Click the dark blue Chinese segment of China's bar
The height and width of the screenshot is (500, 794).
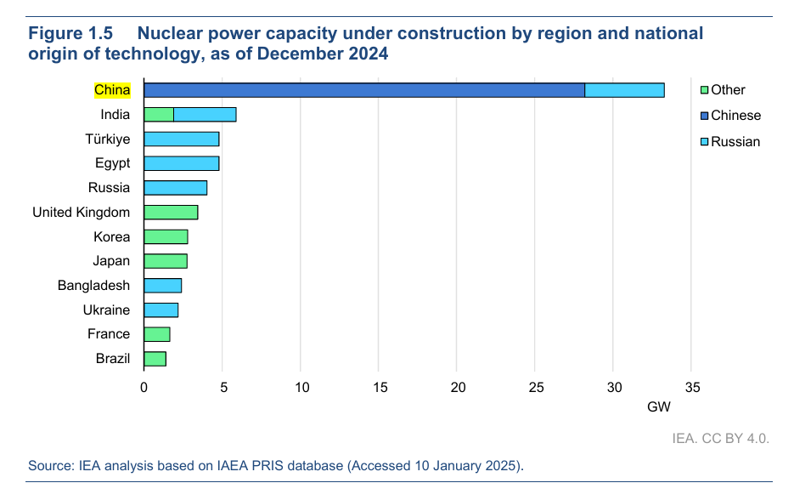(x=364, y=90)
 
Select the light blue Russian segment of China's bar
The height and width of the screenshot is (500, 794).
(x=624, y=90)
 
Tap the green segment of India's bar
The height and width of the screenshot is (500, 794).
(x=159, y=115)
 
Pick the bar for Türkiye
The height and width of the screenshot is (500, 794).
(x=182, y=139)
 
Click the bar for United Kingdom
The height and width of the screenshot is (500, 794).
(x=171, y=212)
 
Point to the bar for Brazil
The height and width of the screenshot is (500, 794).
(x=155, y=359)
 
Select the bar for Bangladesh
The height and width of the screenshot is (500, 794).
(x=163, y=286)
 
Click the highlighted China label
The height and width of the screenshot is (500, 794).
(x=112, y=90)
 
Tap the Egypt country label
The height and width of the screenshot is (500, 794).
(x=112, y=163)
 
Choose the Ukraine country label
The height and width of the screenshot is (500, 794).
(x=107, y=310)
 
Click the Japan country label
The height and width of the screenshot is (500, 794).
(x=111, y=261)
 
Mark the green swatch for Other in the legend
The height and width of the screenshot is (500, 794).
(x=703, y=90)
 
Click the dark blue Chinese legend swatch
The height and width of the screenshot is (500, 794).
(x=703, y=116)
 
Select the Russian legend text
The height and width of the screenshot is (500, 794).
(x=735, y=141)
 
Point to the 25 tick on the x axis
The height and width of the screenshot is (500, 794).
(x=535, y=388)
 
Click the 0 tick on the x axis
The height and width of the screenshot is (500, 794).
(x=144, y=388)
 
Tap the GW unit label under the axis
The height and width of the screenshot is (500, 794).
(x=659, y=407)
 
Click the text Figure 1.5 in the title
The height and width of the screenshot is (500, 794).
(x=71, y=34)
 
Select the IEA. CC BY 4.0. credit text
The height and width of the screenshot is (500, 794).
(x=720, y=439)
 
